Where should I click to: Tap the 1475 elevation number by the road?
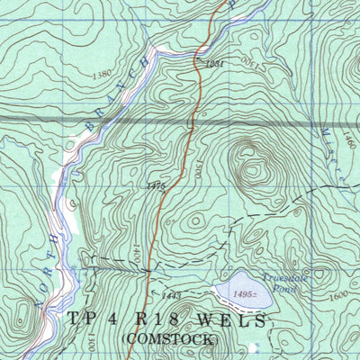point(157,185)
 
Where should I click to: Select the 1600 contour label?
point(338,294)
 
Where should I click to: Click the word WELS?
point(238,320)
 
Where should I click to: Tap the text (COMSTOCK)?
point(169,339)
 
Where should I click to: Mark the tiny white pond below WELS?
point(254,346)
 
